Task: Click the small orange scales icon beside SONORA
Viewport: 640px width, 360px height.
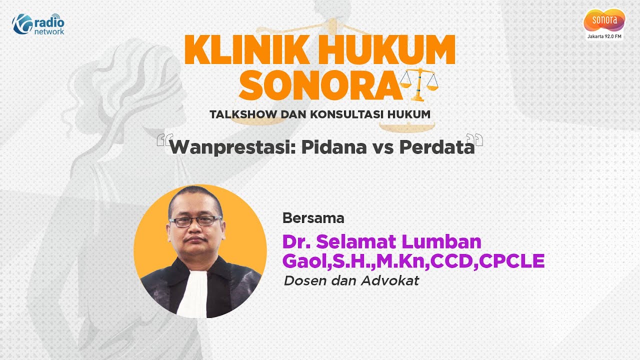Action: [419, 84]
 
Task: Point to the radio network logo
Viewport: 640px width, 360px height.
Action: [38, 23]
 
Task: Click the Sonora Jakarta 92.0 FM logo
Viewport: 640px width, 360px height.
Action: [604, 23]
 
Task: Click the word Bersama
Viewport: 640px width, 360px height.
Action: [313, 218]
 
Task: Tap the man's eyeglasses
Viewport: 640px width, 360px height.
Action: [195, 221]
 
